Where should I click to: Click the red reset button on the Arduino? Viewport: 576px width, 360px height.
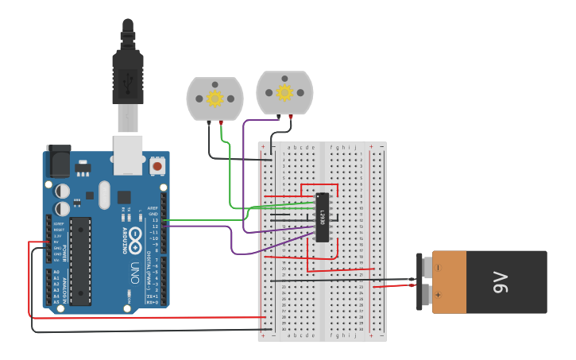point(157,166)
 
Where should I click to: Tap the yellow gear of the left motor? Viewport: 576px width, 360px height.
point(215,99)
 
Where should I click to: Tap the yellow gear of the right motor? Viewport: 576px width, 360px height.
point(284,92)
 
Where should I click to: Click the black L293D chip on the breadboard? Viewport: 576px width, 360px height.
point(323,217)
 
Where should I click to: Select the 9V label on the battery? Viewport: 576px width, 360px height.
point(501,282)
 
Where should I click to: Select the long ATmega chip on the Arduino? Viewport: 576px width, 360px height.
point(80,261)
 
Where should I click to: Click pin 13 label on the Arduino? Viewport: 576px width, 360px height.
point(156,220)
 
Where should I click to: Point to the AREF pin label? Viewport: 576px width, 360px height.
point(153,208)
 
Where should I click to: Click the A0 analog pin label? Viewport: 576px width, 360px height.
point(56,273)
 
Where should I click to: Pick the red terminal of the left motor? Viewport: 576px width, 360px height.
point(220,123)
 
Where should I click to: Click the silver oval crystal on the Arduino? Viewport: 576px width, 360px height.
point(104,194)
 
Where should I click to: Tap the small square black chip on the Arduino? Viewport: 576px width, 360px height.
point(124,196)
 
